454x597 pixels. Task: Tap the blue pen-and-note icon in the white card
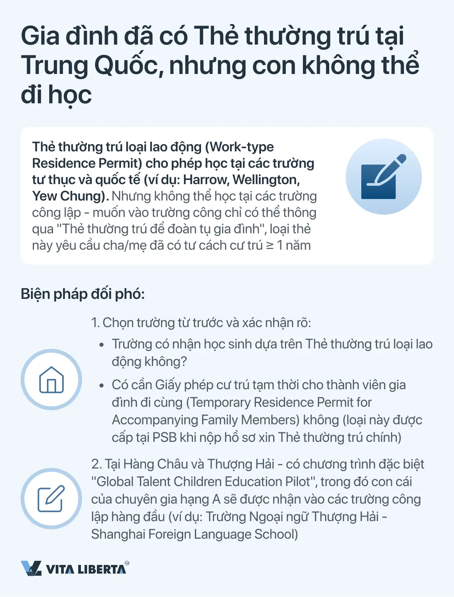(383, 177)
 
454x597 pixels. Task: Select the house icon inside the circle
(51, 380)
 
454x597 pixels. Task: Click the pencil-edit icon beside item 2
(51, 499)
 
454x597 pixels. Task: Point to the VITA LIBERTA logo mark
(31, 568)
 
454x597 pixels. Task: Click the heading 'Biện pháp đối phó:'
(83, 294)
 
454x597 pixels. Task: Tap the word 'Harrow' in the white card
(205, 180)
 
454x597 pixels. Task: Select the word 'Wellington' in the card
(266, 180)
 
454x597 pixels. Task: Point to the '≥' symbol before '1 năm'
(270, 245)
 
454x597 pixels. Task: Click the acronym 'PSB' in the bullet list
(164, 437)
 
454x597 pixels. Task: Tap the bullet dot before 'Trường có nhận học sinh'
(101, 345)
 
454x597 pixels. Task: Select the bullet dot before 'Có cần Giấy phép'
(101, 385)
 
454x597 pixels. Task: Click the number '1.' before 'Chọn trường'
(95, 323)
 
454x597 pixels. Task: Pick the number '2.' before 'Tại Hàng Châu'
(97, 464)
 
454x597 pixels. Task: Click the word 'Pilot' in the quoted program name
(300, 482)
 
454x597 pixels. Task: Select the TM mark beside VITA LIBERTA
(127, 563)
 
